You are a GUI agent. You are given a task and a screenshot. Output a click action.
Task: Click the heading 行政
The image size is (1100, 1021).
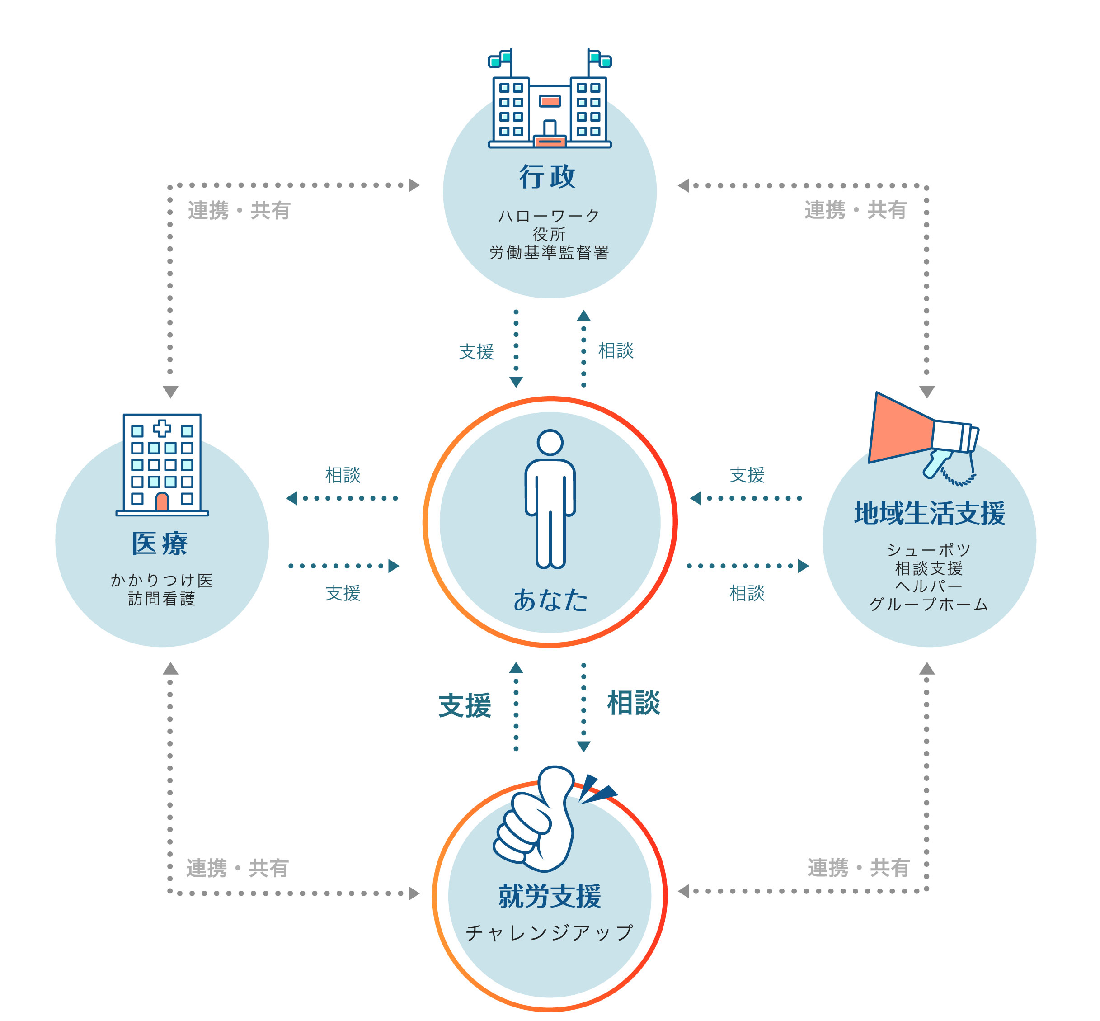coord(547,177)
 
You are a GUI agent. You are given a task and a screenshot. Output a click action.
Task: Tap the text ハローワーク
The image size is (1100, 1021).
coord(549,216)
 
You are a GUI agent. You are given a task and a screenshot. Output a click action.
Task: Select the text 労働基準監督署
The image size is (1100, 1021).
coord(549,252)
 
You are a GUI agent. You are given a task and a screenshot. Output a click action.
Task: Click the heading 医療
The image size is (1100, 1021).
coord(160,544)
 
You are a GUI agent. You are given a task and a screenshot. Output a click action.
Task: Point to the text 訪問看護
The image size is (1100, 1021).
coord(162,599)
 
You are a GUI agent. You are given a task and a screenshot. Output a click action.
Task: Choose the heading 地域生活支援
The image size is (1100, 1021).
coord(929,513)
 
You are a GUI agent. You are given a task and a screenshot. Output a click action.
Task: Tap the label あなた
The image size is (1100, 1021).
coord(550,600)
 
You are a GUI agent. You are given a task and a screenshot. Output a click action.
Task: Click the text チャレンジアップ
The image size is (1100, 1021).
coord(550,933)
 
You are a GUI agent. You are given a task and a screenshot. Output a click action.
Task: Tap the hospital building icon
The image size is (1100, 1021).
coord(162,465)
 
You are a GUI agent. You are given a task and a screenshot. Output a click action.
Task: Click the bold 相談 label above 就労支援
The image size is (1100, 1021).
coord(634,703)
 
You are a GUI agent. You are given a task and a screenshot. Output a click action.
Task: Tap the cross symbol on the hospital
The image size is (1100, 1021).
coord(162,428)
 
